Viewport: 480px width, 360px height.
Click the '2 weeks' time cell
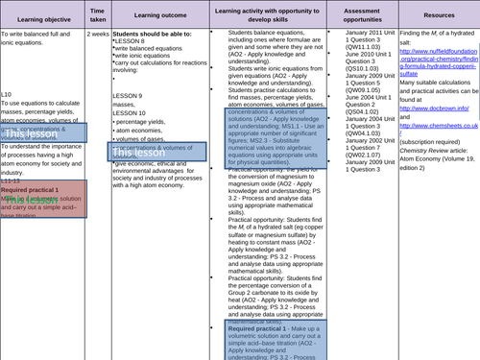(x=98, y=32)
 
